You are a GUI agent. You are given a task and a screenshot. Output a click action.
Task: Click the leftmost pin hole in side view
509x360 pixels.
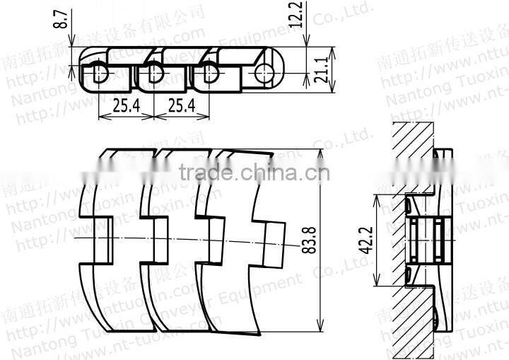pyautogui.click(x=98, y=71)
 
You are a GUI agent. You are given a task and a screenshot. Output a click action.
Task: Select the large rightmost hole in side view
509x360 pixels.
pyautogui.click(x=266, y=71)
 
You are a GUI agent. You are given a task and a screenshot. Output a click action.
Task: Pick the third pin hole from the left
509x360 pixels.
pyautogui.click(x=208, y=71)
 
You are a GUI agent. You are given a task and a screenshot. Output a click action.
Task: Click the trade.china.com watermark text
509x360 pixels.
pyautogui.click(x=254, y=173)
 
